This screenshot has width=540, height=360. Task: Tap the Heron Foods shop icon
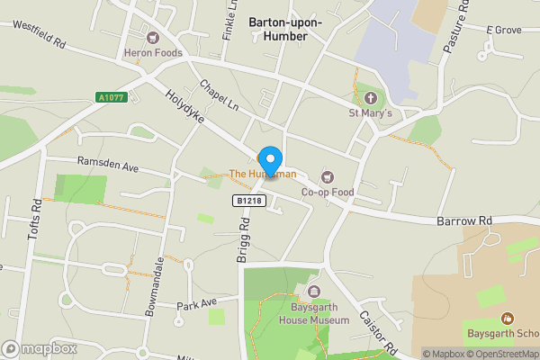click(152, 38)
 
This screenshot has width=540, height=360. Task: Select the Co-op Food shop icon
click(327, 176)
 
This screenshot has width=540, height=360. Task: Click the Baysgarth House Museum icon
click(314, 292)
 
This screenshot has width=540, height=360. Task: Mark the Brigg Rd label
click(242, 244)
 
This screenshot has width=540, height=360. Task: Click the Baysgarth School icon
click(508, 319)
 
